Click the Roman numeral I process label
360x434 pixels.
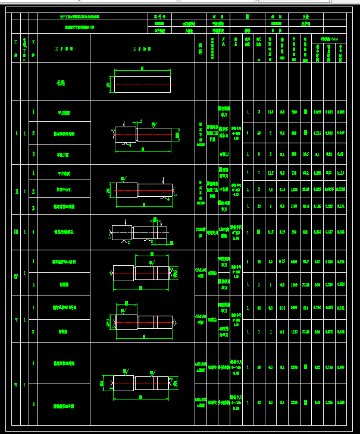coord(16,133)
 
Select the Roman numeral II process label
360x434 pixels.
coord(16,190)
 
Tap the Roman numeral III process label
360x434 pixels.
coord(16,232)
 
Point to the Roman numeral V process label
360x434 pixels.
coord(16,320)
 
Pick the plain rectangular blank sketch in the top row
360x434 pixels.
coord(143,84)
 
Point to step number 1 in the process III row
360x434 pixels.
coord(33,232)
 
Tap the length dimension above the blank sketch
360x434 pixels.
coord(143,69)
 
